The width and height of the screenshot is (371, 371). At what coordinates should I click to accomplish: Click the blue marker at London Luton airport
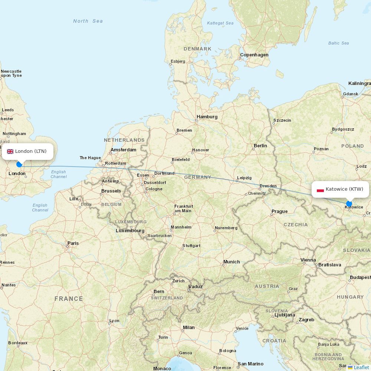[x=19, y=164]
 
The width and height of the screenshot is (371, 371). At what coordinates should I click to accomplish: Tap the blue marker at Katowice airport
[x=349, y=204]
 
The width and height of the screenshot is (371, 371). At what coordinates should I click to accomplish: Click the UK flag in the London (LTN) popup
[x=10, y=151]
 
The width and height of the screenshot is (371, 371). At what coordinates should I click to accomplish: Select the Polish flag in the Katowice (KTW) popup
[x=320, y=190]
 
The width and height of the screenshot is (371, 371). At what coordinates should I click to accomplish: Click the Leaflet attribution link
[x=361, y=367]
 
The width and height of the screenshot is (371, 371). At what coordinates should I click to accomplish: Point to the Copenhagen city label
[x=254, y=55]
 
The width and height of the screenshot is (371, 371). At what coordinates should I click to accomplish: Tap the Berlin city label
[x=260, y=146]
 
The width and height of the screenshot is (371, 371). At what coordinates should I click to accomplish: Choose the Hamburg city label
[x=207, y=117]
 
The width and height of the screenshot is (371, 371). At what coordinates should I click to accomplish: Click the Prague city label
[x=279, y=211]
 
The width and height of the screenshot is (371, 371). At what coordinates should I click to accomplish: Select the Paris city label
[x=73, y=243]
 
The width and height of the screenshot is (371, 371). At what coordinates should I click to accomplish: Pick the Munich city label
[x=232, y=262]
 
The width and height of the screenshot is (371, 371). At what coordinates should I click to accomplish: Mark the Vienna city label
[x=308, y=260]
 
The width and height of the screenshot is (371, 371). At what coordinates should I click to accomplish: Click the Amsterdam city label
[x=124, y=150]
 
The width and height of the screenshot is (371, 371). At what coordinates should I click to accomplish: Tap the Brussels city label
[x=111, y=191]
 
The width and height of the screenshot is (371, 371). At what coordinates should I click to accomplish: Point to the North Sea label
[x=88, y=21]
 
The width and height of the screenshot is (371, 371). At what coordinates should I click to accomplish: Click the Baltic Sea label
[x=338, y=43]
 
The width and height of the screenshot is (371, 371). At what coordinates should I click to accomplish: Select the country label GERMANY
[x=198, y=177]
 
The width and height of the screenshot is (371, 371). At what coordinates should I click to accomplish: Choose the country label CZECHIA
[x=296, y=224]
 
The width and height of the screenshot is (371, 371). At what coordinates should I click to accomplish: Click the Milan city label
[x=188, y=328]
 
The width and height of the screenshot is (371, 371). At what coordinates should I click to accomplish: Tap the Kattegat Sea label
[x=220, y=23]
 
